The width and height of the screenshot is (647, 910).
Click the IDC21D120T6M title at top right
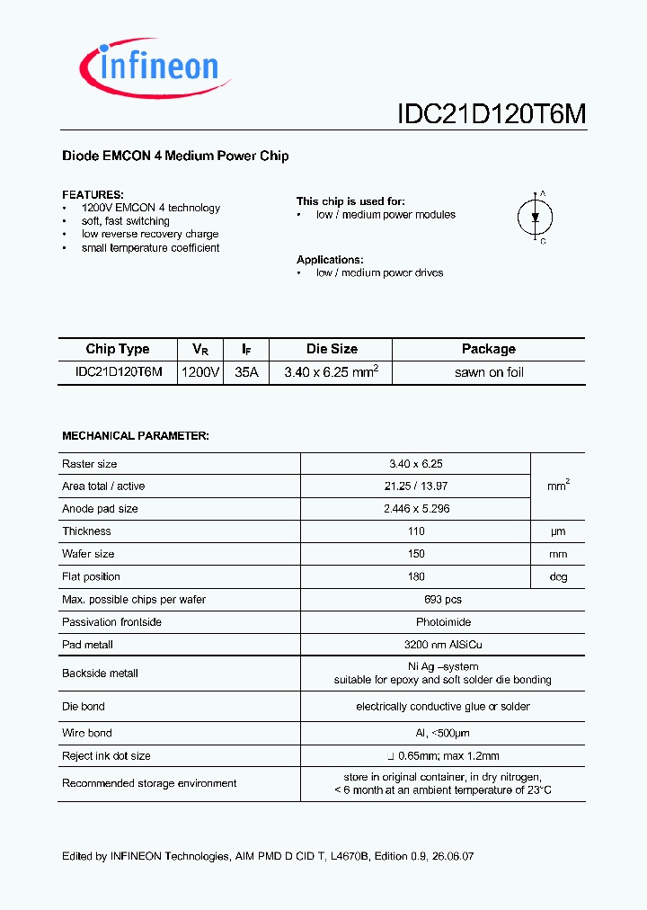tap(492, 114)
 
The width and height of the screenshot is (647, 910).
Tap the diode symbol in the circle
tap(536, 217)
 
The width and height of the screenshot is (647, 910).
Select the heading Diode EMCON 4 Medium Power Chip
tap(175, 156)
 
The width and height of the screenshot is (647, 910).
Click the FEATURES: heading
tap(93, 194)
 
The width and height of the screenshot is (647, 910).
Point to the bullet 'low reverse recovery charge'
tap(150, 235)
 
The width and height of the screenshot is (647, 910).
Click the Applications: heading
tap(330, 260)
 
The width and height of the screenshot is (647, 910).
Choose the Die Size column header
tap(331, 350)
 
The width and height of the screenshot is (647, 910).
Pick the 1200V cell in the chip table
tap(200, 372)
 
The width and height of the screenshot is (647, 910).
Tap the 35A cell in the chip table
tap(246, 372)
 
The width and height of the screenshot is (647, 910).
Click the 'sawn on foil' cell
tap(489, 372)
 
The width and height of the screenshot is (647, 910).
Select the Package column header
tap(489, 350)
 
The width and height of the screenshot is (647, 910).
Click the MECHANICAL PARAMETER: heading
tap(136, 436)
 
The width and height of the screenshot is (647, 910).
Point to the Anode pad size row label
tap(100, 509)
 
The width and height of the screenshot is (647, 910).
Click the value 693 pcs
tap(416, 600)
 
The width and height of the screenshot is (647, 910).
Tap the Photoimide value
tap(416, 622)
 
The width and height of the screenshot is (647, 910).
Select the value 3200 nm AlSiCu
tap(416, 645)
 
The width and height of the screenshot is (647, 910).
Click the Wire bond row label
tap(87, 734)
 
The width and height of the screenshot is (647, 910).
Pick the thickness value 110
tap(416, 531)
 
